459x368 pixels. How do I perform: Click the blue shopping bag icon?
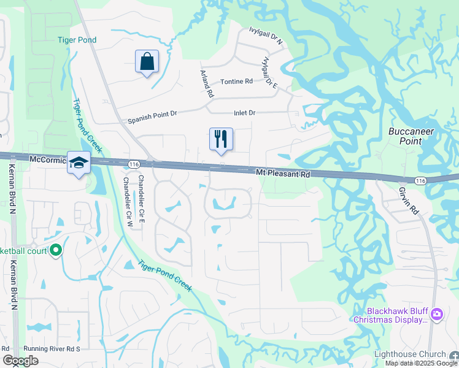tap(147, 61)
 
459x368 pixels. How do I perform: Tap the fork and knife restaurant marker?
tap(221, 139)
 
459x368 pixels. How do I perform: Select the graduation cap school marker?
tap(79, 163)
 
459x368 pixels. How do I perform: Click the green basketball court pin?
tap(56, 250)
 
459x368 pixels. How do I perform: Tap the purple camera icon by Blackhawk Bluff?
tap(436, 315)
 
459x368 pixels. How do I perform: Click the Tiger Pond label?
tap(77, 40)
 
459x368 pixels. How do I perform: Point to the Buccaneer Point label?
tap(412, 136)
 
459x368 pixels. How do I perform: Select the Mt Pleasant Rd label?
tap(282, 174)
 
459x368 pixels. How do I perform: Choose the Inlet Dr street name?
tap(244, 113)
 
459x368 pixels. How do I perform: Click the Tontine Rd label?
tap(236, 82)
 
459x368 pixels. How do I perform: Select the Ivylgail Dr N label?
tap(266, 37)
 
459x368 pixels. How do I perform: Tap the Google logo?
tap(20, 361)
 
